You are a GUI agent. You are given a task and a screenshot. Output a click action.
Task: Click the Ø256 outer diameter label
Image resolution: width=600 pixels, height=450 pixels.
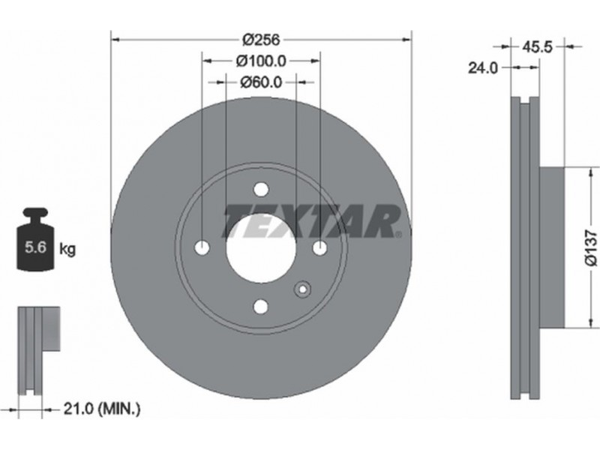coord(262,40)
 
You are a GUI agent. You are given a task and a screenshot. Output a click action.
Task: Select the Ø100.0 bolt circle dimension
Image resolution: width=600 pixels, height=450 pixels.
coord(261,61)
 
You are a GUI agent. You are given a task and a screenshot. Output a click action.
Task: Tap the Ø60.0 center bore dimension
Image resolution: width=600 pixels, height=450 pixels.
coord(261,82)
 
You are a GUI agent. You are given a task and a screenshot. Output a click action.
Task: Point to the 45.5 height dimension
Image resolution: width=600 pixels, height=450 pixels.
coord(537,47)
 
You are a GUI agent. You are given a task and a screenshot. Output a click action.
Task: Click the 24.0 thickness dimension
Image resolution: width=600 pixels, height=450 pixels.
coord(483,68)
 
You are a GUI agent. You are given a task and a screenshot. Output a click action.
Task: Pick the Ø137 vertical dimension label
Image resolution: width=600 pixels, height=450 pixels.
coord(591,247)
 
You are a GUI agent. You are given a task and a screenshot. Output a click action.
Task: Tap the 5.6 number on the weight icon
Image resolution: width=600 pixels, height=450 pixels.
coord(35,247)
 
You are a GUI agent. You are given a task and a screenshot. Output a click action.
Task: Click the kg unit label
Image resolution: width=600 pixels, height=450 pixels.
coord(67,250)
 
